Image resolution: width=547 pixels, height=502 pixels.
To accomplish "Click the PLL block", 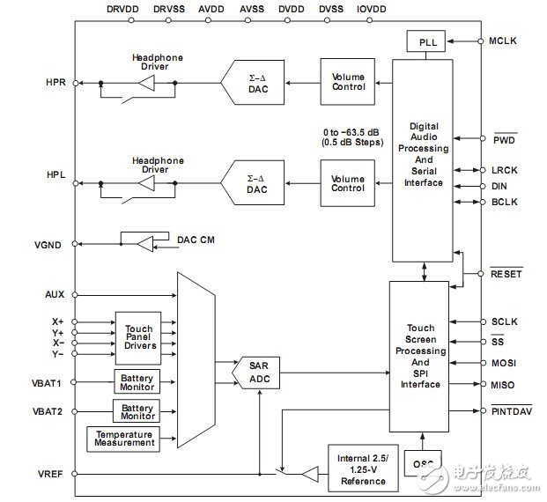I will pyautogui.click(x=426, y=41).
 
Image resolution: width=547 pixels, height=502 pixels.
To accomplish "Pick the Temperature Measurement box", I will pyautogui.click(x=124, y=439).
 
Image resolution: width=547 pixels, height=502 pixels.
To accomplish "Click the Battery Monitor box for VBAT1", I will pyautogui.click(x=137, y=381).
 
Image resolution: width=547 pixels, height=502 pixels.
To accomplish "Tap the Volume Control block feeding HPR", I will pyautogui.click(x=347, y=82).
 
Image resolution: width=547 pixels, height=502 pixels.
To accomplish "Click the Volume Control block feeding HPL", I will pyautogui.click(x=347, y=182).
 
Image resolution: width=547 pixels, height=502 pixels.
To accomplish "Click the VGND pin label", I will pyautogui.click(x=48, y=245).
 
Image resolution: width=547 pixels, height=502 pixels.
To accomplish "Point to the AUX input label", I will pyautogui.click(x=54, y=294).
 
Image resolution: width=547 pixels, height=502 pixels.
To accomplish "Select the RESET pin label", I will pyautogui.click(x=506, y=274).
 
